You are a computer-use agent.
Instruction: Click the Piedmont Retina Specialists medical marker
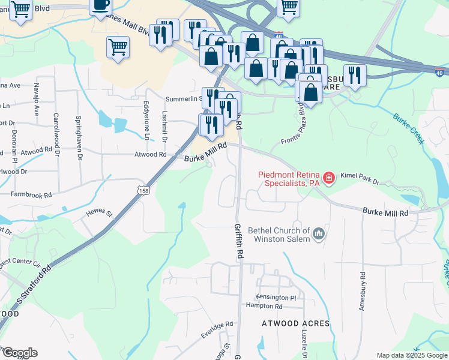[x=328, y=178]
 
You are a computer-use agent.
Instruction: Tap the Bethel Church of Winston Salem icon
[x=319, y=233]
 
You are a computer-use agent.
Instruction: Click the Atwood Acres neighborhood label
[x=295, y=323]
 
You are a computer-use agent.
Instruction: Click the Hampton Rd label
[x=264, y=306]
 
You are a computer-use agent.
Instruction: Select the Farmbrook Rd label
[x=31, y=194]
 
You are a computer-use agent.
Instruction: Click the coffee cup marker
[x=100, y=5]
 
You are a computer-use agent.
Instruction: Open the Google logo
[x=19, y=353]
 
